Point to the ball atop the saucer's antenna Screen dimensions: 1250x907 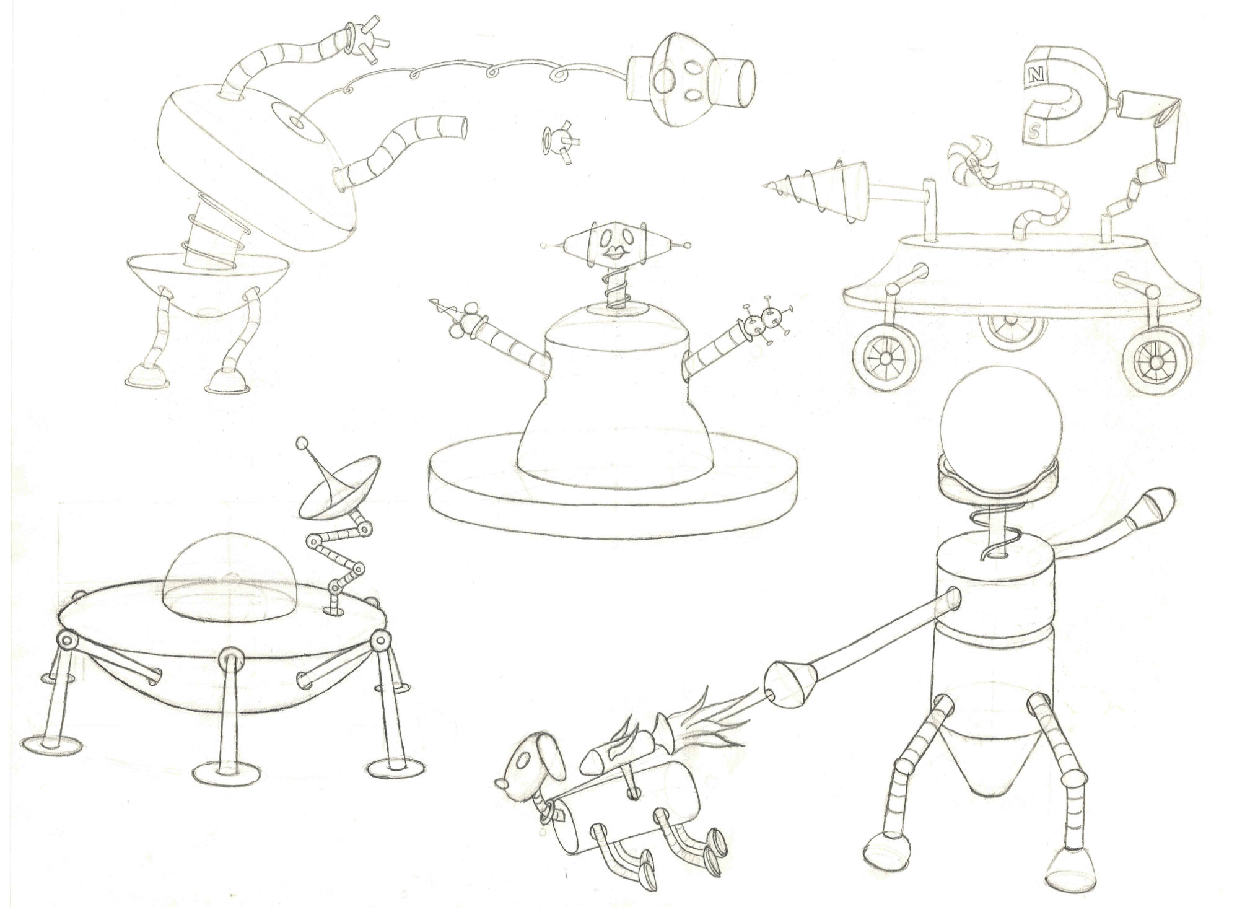click(303, 444)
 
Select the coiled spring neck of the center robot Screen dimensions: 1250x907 click(614, 284)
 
